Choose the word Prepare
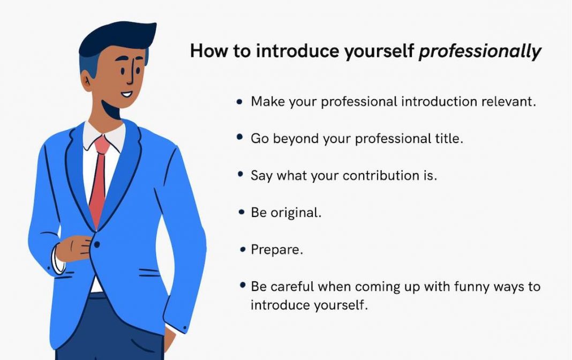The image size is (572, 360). [276, 250]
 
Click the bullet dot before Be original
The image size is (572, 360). [241, 213]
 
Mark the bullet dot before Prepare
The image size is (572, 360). [241, 250]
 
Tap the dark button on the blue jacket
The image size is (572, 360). [97, 245]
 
